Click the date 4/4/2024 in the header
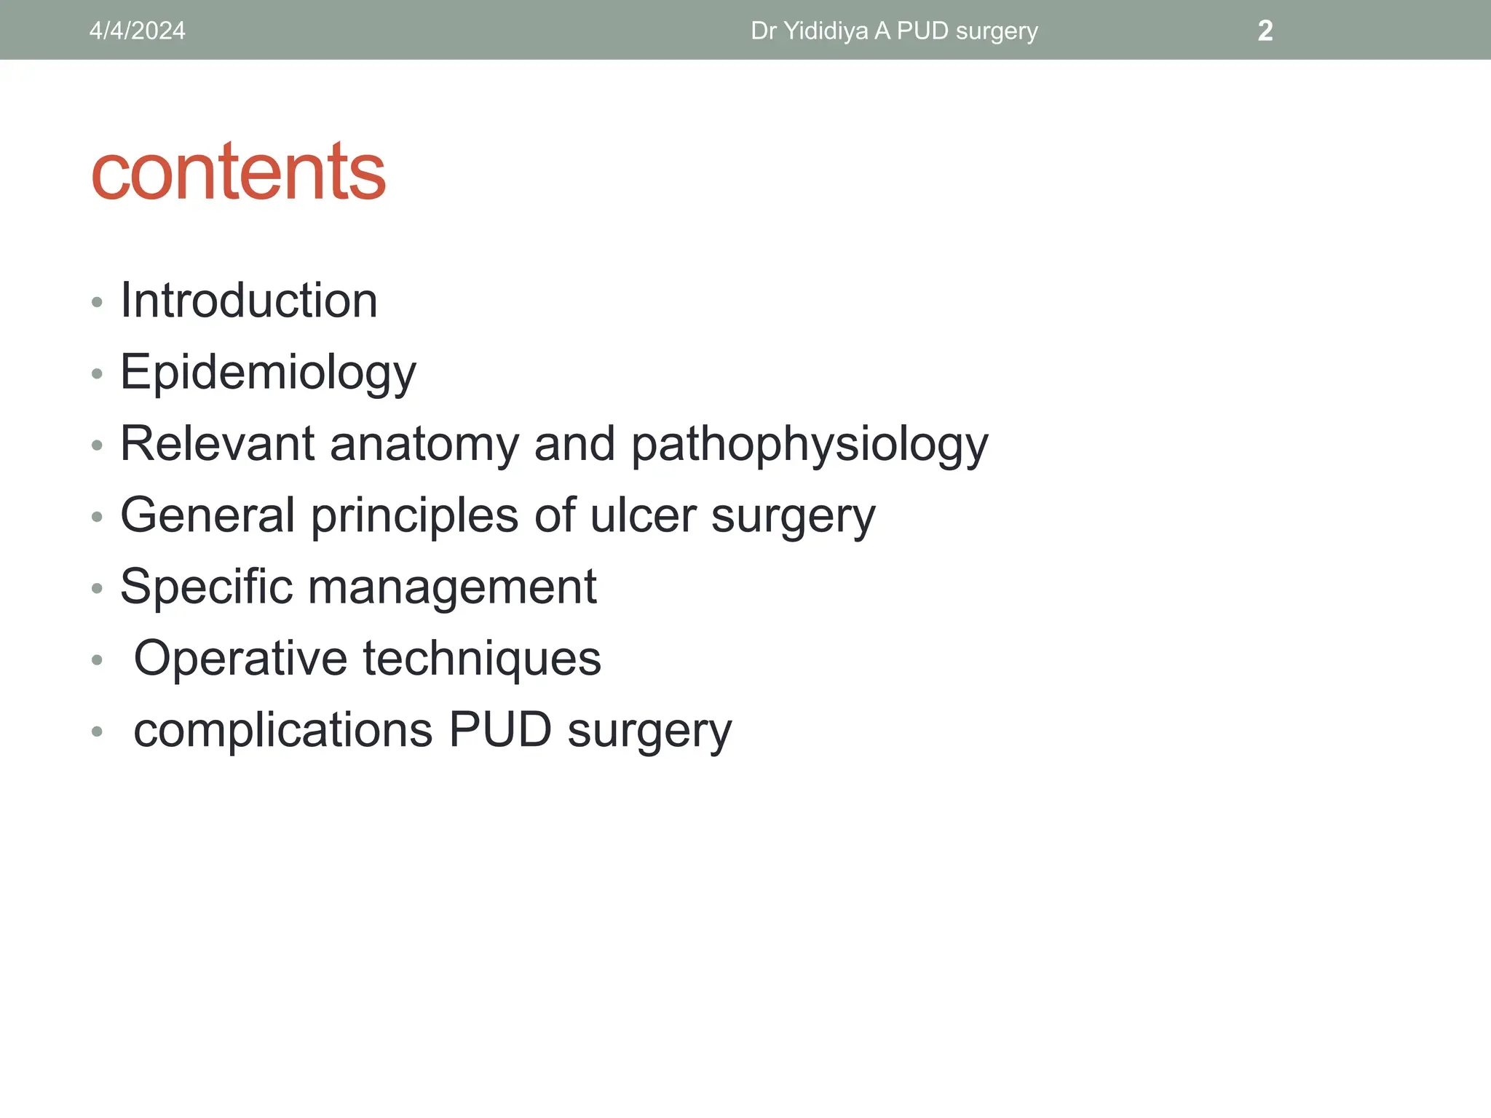click(x=137, y=31)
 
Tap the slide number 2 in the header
click(x=1265, y=31)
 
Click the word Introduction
click(x=249, y=301)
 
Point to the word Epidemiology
click(x=268, y=373)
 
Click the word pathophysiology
click(x=809, y=444)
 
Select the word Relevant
click(x=217, y=444)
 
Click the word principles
click(x=415, y=515)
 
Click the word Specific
click(x=206, y=587)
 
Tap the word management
click(x=452, y=587)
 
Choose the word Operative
click(x=240, y=658)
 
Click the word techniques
click(x=482, y=658)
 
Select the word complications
click(x=283, y=729)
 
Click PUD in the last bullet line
click(x=500, y=729)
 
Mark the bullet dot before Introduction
click(x=98, y=302)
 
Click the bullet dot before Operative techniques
click(x=98, y=660)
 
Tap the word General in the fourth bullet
click(x=207, y=515)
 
